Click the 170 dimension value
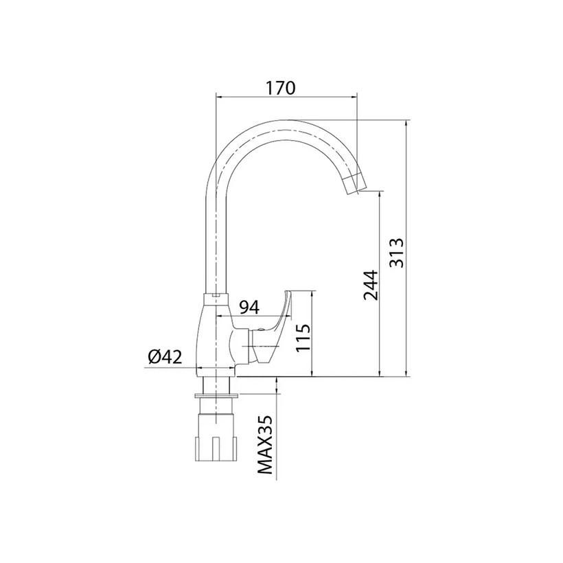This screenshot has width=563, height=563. (x=280, y=89)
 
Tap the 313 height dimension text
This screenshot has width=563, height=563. (x=397, y=253)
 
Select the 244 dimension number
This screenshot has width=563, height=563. (x=371, y=285)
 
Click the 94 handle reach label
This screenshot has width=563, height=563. (x=249, y=308)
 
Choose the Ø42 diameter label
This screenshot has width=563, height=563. (x=165, y=357)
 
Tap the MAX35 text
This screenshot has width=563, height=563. (x=265, y=445)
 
